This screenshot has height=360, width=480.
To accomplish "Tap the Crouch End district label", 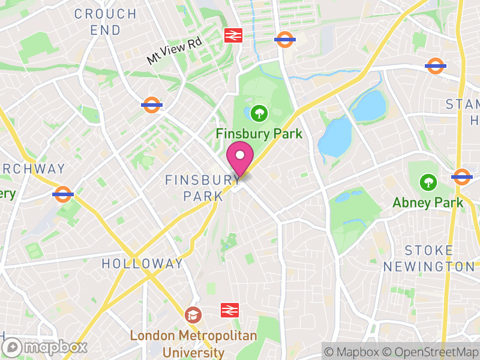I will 106,22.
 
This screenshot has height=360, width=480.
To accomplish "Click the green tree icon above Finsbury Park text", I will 259,112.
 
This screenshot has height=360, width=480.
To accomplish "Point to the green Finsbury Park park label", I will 259,133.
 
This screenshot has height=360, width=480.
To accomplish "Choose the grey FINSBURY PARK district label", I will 203,188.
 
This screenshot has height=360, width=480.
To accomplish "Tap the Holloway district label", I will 142,263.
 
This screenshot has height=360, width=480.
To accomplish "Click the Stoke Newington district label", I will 429,258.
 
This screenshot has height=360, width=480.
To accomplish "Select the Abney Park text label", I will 428,203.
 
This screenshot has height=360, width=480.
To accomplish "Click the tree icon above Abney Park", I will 428,181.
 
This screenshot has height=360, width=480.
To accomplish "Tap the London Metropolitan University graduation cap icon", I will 193,314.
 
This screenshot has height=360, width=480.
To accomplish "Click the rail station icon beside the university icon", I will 229,310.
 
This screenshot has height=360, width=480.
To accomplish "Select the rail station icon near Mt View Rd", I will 233,35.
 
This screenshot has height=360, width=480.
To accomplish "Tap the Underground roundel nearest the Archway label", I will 63,194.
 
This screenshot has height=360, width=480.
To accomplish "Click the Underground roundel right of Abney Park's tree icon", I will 461,176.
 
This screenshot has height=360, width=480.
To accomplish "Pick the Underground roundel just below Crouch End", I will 152,105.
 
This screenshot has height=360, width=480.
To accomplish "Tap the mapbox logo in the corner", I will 46,347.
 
